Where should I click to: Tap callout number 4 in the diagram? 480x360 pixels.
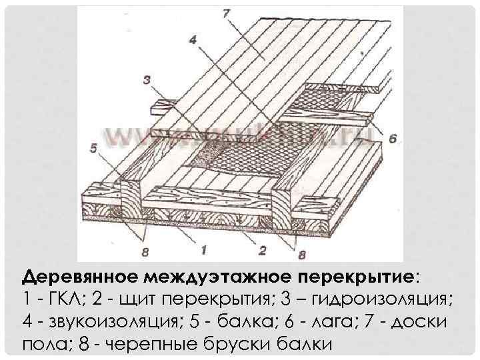tap(193, 40)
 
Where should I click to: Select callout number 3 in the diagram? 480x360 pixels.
tap(148, 81)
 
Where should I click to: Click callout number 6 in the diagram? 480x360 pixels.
tap(391, 139)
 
